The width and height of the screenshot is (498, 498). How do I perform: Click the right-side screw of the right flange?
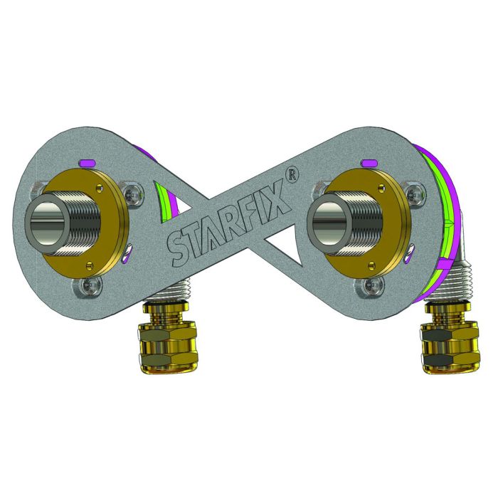(410, 190)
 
